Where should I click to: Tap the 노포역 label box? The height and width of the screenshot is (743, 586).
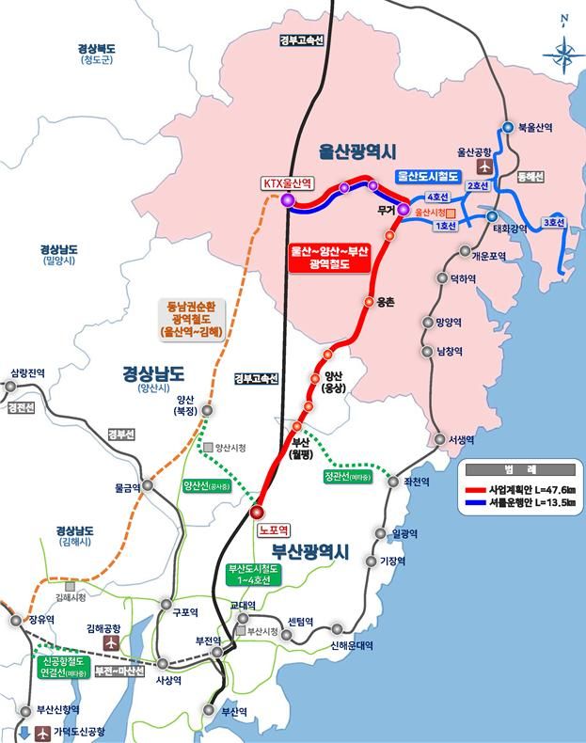[278, 530]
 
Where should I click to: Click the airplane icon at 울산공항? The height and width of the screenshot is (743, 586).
[485, 166]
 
